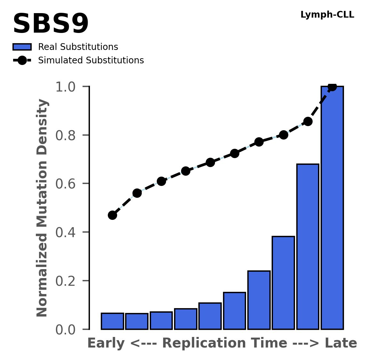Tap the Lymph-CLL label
(x=327, y=15)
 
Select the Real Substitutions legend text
(x=78, y=47)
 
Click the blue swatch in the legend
(x=22, y=47)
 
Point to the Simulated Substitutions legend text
(x=91, y=60)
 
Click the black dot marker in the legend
(x=22, y=60)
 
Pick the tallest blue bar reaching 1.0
(x=332, y=208)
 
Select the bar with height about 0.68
(x=308, y=246)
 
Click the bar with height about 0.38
(x=283, y=283)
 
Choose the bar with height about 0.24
(x=259, y=300)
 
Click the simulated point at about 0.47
(x=112, y=215)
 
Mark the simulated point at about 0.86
(x=308, y=121)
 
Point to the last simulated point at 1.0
(x=332, y=87)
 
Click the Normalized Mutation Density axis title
(x=42, y=208)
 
